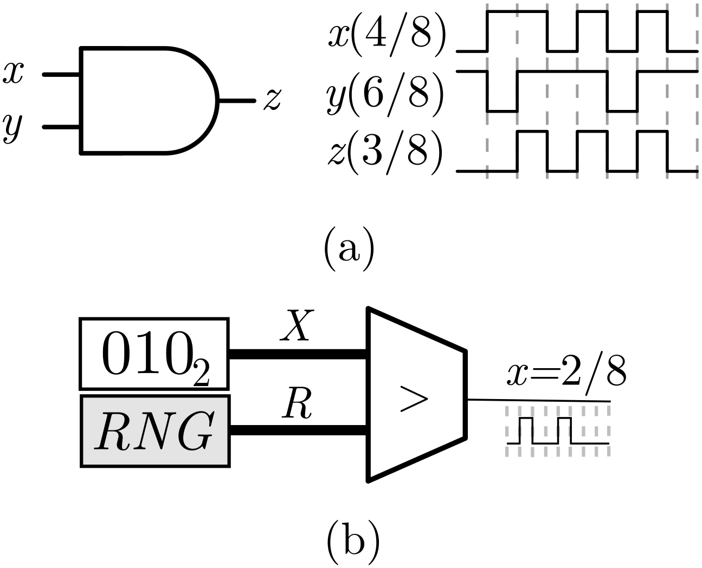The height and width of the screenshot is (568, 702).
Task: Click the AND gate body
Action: coord(146,101)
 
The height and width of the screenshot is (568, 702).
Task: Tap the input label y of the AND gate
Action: coord(14,129)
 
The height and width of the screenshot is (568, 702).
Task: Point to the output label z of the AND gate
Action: coord(272,101)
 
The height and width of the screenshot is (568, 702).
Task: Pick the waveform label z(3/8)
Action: coord(388,155)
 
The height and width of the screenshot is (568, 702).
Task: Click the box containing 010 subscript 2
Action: coord(154,354)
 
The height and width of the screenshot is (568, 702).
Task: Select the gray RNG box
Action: coord(154,431)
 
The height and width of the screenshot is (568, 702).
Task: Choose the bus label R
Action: coord(298,407)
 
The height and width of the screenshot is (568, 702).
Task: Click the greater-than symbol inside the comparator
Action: coord(413,399)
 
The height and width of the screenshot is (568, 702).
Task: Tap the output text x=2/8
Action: coord(567,374)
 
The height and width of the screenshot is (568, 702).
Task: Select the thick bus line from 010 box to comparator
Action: coord(299,354)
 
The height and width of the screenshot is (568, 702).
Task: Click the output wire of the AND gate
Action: coord(237,101)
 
